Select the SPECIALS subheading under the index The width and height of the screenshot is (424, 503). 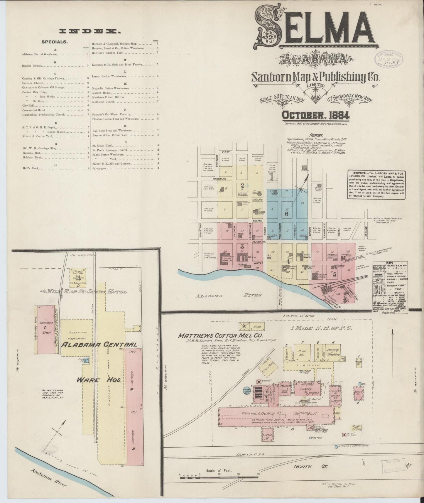[x=55, y=42]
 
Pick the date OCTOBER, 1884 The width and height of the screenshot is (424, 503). [x=316, y=115]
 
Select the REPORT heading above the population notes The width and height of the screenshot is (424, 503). [x=315, y=136]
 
